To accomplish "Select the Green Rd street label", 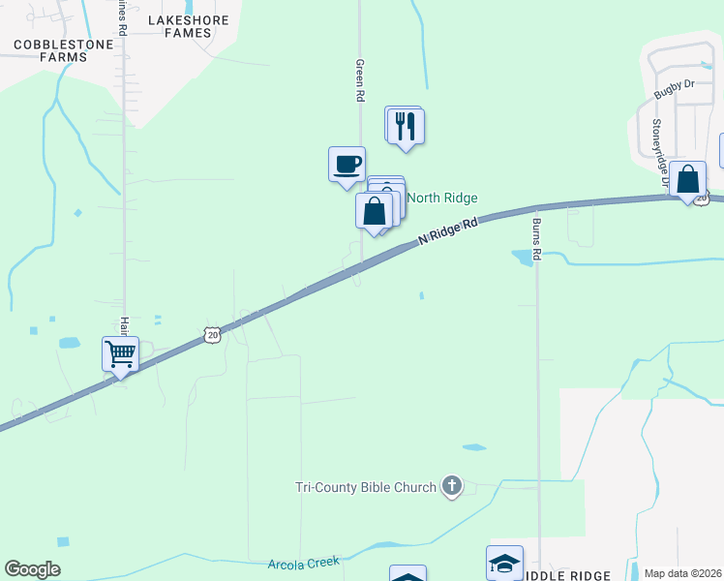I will [x=360, y=80].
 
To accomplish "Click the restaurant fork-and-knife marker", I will [x=406, y=126].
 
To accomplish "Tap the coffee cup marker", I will [x=347, y=163].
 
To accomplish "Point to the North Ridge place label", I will [x=441, y=198].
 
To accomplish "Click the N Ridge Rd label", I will [x=449, y=232].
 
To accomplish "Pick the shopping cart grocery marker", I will [x=121, y=353].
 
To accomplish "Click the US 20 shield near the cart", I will [x=212, y=335].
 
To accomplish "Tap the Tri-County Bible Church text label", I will [x=367, y=487].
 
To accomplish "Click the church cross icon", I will [x=451, y=486].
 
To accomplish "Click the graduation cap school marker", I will [x=504, y=563].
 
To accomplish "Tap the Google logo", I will [x=32, y=569].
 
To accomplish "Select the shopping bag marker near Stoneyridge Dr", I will [x=687, y=179].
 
